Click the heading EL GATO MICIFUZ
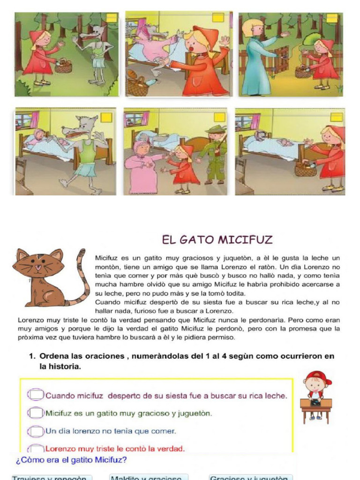(x=217, y=240)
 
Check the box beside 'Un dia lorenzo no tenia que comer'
(x=36, y=430)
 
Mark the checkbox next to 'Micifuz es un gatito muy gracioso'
(x=36, y=413)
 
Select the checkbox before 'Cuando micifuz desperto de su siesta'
(x=36, y=395)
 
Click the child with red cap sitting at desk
(x=316, y=394)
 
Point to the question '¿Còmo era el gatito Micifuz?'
(x=71, y=460)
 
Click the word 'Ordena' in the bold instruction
(x=55, y=356)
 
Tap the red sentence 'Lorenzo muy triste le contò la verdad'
(x=114, y=448)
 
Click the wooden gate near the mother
(x=281, y=59)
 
